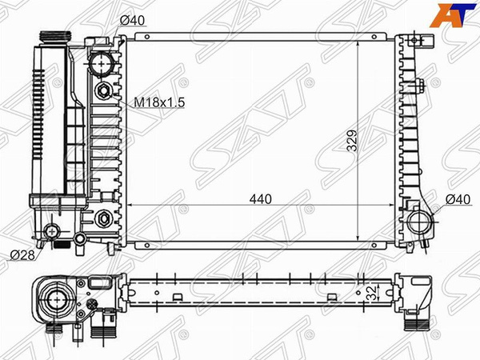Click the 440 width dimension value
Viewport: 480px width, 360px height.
click(260, 199)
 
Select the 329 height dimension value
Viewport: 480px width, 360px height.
click(352, 141)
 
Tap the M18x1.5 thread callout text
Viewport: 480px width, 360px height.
click(159, 102)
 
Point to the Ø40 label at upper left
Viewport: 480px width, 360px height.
click(132, 21)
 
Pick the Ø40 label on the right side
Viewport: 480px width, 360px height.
click(458, 199)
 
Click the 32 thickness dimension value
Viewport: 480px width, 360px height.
click(373, 293)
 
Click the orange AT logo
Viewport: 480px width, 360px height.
click(453, 15)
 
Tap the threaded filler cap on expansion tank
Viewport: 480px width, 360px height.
click(55, 38)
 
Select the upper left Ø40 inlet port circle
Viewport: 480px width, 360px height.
click(102, 64)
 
